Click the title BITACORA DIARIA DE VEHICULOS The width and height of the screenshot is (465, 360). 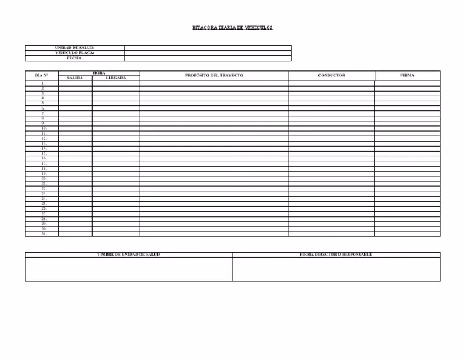(x=232, y=28)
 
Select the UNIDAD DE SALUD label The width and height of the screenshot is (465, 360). (x=74, y=48)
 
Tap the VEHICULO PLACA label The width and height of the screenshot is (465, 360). (x=74, y=53)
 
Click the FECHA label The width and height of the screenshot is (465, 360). (x=74, y=58)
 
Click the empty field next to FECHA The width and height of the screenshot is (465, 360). (x=208, y=58)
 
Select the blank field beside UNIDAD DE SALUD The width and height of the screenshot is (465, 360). (x=208, y=48)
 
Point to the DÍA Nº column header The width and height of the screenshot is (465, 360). (x=42, y=75)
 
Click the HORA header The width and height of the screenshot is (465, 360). (x=99, y=73)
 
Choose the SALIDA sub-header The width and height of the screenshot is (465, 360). (x=75, y=78)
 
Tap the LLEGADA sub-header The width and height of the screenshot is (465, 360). (x=116, y=78)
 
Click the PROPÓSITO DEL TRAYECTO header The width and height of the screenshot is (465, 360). (x=214, y=75)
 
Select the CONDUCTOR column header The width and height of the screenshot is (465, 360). (x=331, y=75)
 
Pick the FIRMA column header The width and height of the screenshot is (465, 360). (x=407, y=75)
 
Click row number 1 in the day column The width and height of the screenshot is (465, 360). (x=42, y=83)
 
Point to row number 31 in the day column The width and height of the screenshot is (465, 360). (x=44, y=234)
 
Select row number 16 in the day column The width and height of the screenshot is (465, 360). (x=44, y=158)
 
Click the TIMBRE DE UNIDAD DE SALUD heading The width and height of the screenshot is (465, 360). (x=128, y=255)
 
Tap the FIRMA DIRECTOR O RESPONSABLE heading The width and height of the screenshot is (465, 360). (x=336, y=255)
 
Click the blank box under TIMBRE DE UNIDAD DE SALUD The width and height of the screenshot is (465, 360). (x=128, y=269)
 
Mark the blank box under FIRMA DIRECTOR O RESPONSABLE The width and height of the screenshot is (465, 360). (x=336, y=269)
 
